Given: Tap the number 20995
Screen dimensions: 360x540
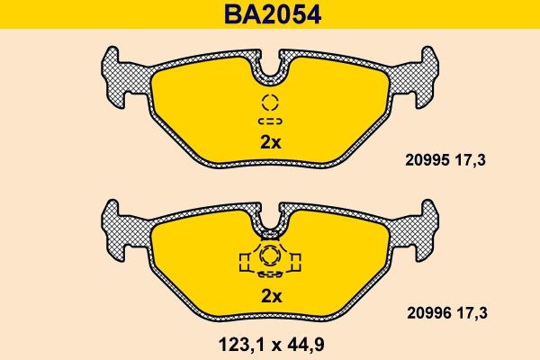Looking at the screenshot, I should (x=415, y=164).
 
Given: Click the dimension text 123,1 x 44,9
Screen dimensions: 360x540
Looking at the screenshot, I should (x=271, y=343).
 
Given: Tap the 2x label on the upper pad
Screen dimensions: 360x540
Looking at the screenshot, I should (x=271, y=141).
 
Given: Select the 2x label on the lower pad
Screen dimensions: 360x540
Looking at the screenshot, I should (x=271, y=296).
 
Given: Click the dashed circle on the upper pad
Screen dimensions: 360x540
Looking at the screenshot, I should (x=271, y=102).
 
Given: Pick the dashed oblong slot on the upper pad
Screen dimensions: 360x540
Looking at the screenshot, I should (x=271, y=120).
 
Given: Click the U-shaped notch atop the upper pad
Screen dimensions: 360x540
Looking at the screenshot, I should (x=271, y=61).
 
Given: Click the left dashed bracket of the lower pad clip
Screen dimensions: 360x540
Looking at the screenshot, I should (x=244, y=261).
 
